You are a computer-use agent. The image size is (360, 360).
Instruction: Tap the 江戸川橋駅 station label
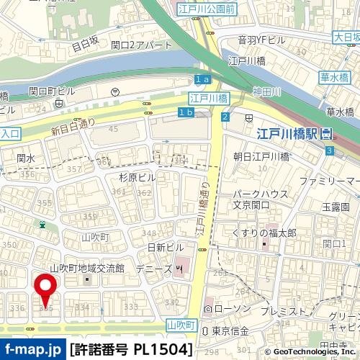pos(288,133)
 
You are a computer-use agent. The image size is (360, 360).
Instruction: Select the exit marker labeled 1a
pos(202,78)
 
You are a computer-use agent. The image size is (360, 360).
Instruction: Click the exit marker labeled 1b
pos(186,112)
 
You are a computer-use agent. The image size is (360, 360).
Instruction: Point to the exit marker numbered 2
pos(225,117)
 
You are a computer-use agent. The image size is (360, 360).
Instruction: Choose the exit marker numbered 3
pos(329,150)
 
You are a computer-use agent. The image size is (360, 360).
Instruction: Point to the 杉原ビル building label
pos(138,177)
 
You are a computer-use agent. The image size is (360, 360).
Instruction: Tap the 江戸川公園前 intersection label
pos(206,9)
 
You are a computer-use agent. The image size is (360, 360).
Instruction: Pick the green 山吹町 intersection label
pos(181,325)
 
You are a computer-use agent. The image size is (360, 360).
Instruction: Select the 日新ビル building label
pos(166,247)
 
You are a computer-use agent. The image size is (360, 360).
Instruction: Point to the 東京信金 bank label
pos(230,330)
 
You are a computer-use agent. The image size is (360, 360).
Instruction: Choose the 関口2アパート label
pos(142,45)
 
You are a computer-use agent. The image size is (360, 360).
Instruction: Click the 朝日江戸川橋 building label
pos(261,156)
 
